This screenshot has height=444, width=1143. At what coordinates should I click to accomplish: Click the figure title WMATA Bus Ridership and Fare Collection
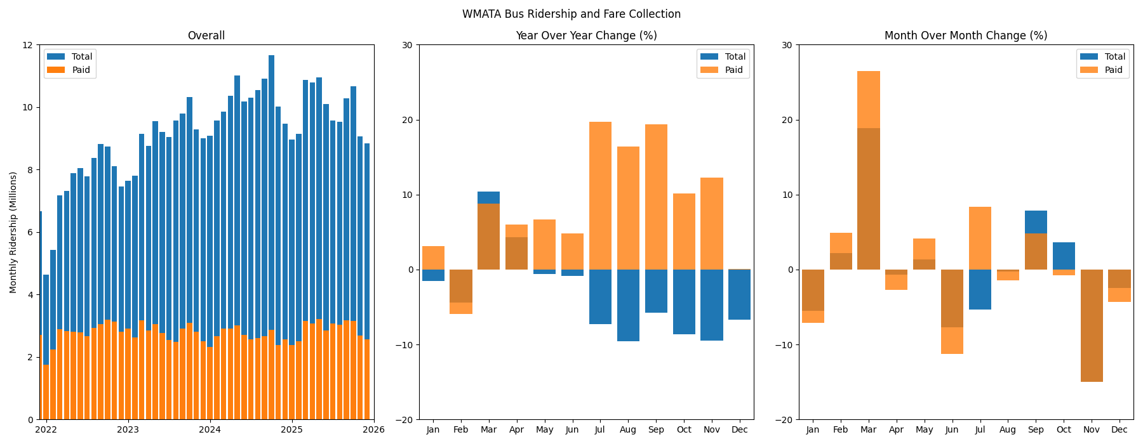571,14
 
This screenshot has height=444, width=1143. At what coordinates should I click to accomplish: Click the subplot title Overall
206,36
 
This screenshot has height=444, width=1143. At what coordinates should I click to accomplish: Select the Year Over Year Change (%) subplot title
585,36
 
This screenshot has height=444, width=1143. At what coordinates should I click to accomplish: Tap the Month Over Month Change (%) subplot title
965,36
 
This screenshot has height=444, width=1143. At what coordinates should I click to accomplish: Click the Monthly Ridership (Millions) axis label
13,232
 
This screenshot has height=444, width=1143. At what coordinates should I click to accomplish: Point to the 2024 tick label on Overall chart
210,429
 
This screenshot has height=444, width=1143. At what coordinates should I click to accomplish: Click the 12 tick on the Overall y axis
27,45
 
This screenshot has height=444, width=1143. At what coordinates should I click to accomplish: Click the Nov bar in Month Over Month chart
1092,325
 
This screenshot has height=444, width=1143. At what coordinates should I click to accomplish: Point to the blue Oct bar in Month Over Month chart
1064,256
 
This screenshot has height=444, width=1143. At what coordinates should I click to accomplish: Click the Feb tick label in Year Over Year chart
460,429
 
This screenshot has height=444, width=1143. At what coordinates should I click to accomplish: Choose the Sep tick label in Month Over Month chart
1036,429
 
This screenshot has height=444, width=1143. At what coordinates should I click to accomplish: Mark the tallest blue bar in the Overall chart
271,190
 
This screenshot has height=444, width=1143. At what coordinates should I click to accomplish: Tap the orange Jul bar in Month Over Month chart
980,238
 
